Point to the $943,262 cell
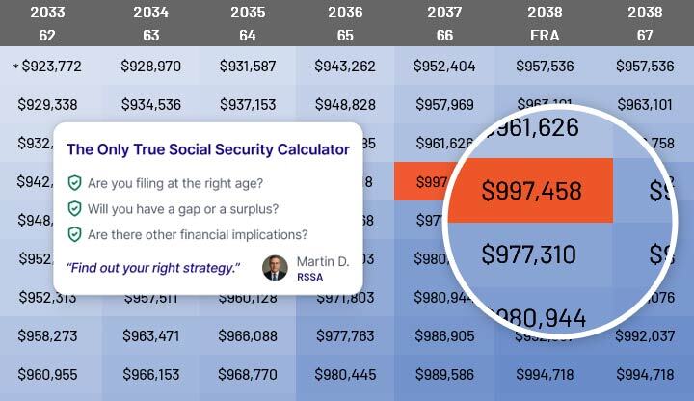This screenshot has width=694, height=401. coord(344,67)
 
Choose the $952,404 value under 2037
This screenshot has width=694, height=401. coord(443,67)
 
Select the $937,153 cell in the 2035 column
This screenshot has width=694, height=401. coord(248,104)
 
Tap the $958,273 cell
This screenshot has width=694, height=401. coord(47,336)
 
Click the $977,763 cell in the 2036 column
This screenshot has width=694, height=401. coord(344,336)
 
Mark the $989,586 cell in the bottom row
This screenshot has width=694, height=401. coord(443,374)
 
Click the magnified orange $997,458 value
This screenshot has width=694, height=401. coord(532,191)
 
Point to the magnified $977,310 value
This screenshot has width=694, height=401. coord(529,255)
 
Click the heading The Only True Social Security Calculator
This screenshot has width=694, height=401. coord(207,149)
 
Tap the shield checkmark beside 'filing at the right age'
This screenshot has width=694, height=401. coord(74,182)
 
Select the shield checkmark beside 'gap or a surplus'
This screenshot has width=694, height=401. coord(74,208)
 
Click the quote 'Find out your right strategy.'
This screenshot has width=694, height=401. coord(152,267)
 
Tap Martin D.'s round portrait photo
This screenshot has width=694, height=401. coord(275,268)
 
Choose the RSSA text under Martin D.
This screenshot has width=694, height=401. coord(309,277)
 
